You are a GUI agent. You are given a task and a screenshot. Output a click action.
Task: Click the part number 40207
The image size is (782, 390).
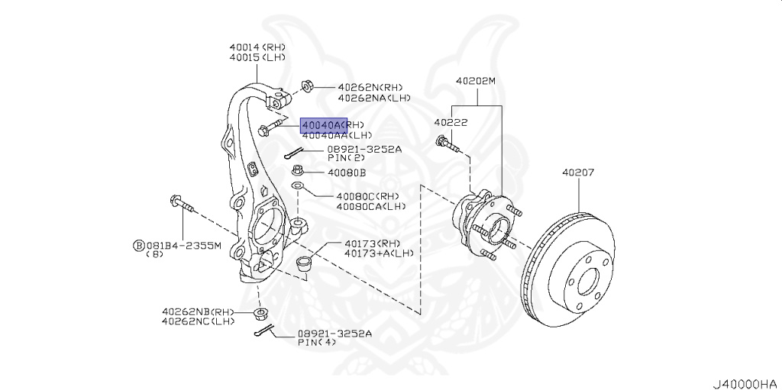[x=578, y=173]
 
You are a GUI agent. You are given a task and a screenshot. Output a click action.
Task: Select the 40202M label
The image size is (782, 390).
[x=476, y=80]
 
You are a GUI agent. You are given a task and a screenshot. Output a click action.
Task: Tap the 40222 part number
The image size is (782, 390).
[x=451, y=122]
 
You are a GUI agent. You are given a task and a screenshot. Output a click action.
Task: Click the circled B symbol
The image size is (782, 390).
[x=138, y=245]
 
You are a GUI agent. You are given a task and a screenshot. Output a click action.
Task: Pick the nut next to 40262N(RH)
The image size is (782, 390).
[x=307, y=85]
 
